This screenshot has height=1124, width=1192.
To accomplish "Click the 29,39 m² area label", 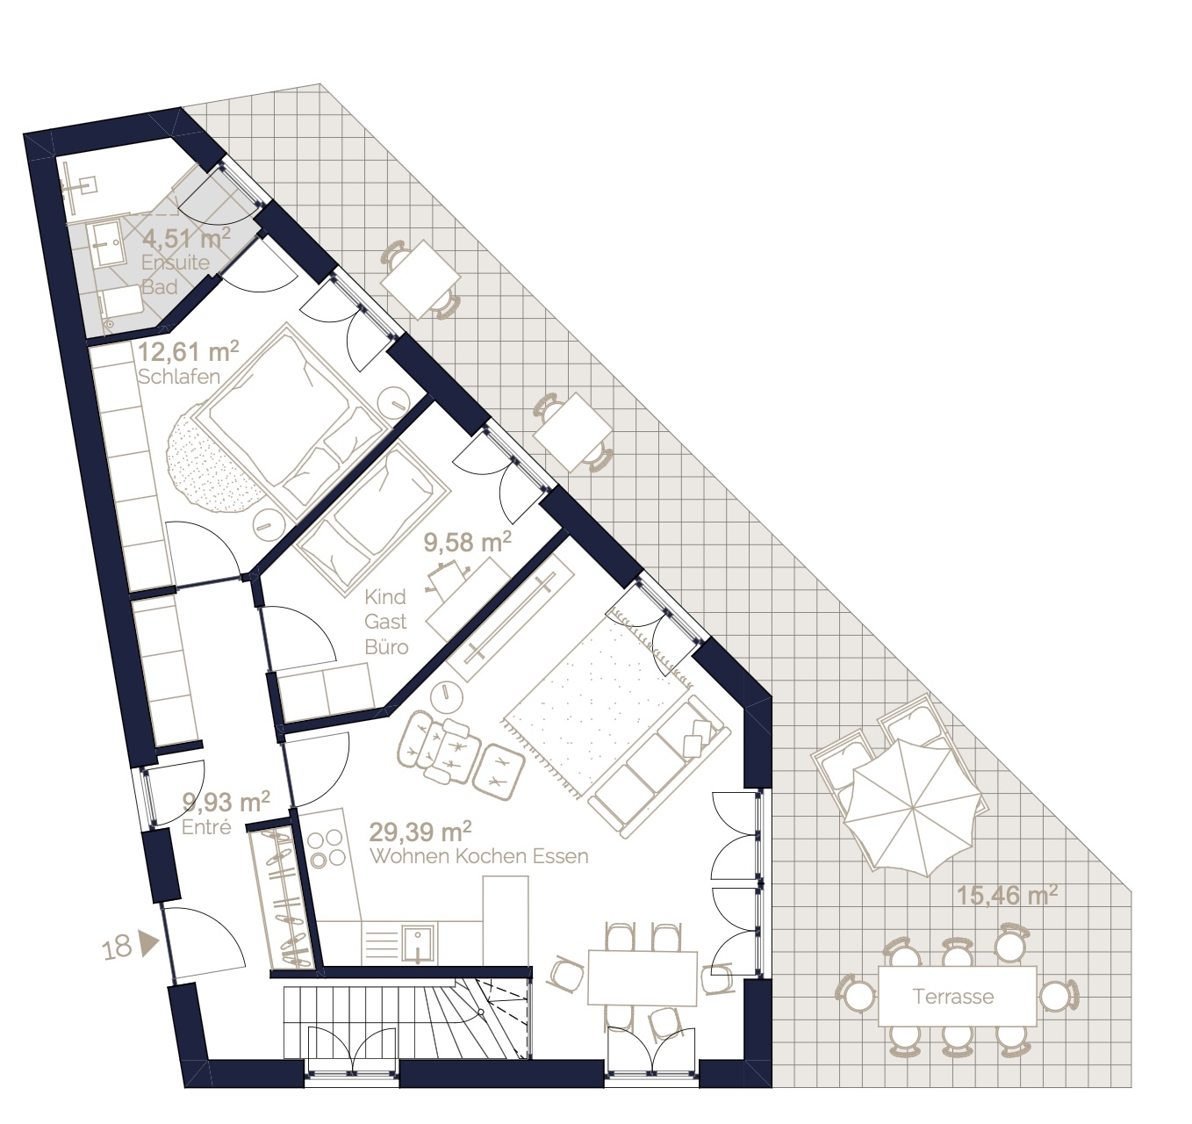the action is pyautogui.click(x=420, y=832).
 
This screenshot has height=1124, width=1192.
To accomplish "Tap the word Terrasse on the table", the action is pyautogui.click(x=953, y=997).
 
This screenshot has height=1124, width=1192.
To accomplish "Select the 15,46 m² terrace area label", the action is pyautogui.click(x=1007, y=896).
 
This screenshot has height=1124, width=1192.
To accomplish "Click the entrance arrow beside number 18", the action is pyautogui.click(x=149, y=943).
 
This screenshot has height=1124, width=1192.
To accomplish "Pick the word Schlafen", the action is pyautogui.click(x=179, y=377).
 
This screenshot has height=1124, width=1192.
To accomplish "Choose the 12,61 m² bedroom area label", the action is pyautogui.click(x=189, y=352).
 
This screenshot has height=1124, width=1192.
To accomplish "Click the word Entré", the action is pyautogui.click(x=206, y=827).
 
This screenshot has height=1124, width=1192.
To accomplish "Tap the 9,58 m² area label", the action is pyautogui.click(x=468, y=543).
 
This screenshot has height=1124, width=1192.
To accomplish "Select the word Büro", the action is pyautogui.click(x=386, y=647).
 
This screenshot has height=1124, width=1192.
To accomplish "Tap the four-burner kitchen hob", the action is pyautogui.click(x=327, y=847).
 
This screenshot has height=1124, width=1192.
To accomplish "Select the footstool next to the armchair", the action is pyautogui.click(x=499, y=773).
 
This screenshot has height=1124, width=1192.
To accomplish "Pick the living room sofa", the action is pyautogui.click(x=659, y=767).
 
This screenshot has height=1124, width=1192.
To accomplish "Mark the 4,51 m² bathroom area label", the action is pyautogui.click(x=186, y=239).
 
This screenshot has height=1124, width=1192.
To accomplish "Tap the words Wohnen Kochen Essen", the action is pyautogui.click(x=479, y=857).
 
